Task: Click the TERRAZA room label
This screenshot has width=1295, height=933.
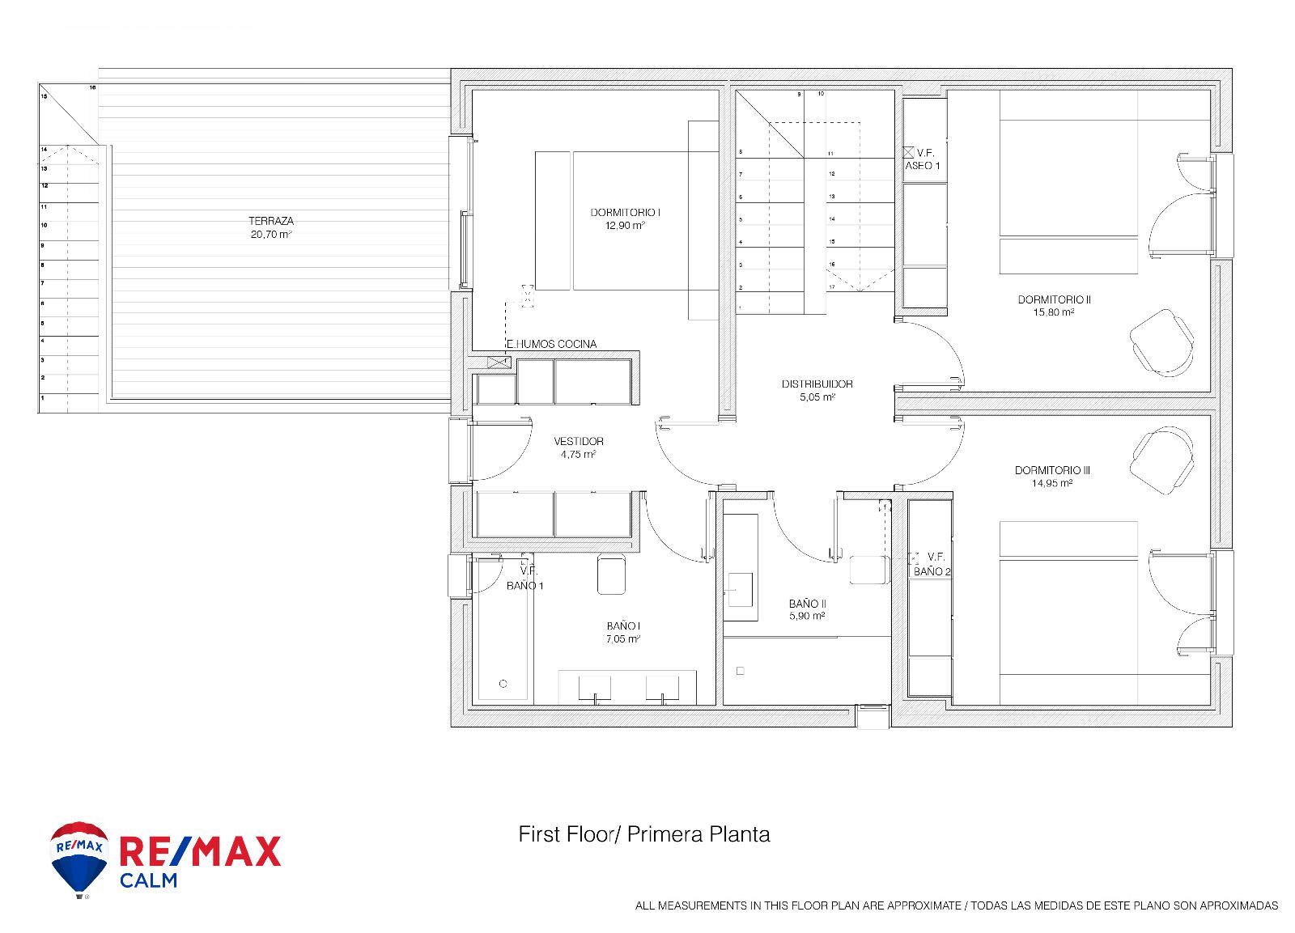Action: [x=270, y=221]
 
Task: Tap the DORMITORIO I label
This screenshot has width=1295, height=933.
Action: [x=625, y=213]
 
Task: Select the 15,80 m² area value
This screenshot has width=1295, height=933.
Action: [x=1054, y=312]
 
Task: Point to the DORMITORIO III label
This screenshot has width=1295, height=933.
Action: [x=1052, y=470]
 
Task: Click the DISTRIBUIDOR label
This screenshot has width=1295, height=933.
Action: [x=817, y=384]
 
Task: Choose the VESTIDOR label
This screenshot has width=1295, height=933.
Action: [x=578, y=442]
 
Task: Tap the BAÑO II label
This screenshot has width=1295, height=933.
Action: [x=807, y=604]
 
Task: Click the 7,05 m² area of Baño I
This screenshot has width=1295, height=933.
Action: [x=623, y=639]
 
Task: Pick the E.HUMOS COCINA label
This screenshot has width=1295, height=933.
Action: [x=551, y=344]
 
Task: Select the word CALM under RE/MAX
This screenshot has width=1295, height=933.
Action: [x=148, y=880]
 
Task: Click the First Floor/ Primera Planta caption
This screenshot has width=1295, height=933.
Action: [x=643, y=834]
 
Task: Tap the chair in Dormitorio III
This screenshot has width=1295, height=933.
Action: [x=1163, y=462]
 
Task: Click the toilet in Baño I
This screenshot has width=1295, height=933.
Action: [x=614, y=575]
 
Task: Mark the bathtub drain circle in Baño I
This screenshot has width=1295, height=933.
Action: [x=503, y=684]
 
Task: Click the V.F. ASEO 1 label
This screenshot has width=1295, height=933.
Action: [x=923, y=159]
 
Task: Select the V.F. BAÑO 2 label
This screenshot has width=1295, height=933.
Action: [x=932, y=564]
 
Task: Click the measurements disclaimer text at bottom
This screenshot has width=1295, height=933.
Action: [x=956, y=905]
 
